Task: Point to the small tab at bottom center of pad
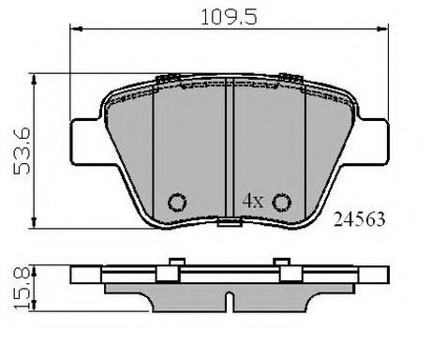coord(229,221)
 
